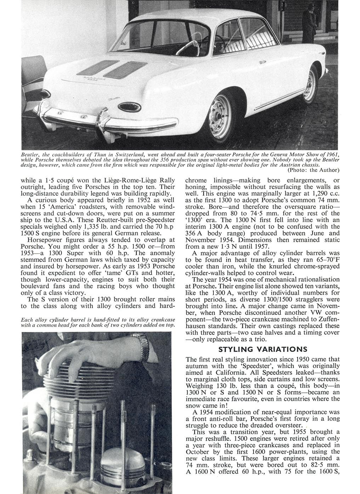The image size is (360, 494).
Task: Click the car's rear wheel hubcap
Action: [216, 114]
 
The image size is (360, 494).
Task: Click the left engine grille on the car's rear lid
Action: [98, 67]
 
